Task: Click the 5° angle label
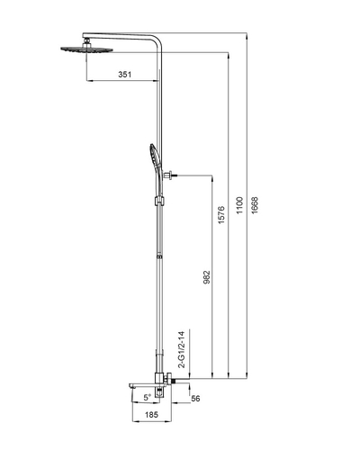(x=145, y=396)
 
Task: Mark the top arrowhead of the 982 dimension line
(x=211, y=176)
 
